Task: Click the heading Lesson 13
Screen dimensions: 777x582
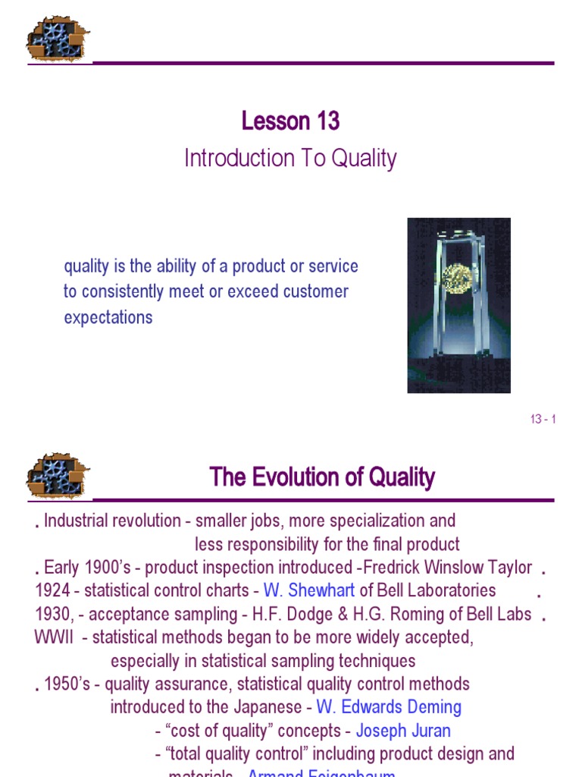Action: (290, 121)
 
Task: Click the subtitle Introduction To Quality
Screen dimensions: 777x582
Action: (290, 159)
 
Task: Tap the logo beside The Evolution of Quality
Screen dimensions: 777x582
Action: (58, 477)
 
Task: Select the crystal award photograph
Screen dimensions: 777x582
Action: (458, 305)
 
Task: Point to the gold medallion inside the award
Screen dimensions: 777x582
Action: (457, 278)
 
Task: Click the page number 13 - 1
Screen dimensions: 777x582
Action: (543, 420)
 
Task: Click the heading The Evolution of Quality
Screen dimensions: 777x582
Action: (322, 477)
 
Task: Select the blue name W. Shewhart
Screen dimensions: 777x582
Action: (309, 590)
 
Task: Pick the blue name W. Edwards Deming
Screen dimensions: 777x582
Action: (389, 707)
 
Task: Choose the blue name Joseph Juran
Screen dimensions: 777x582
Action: (403, 731)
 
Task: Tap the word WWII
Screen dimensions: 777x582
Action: (54, 637)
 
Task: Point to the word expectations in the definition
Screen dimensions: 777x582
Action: (108, 317)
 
